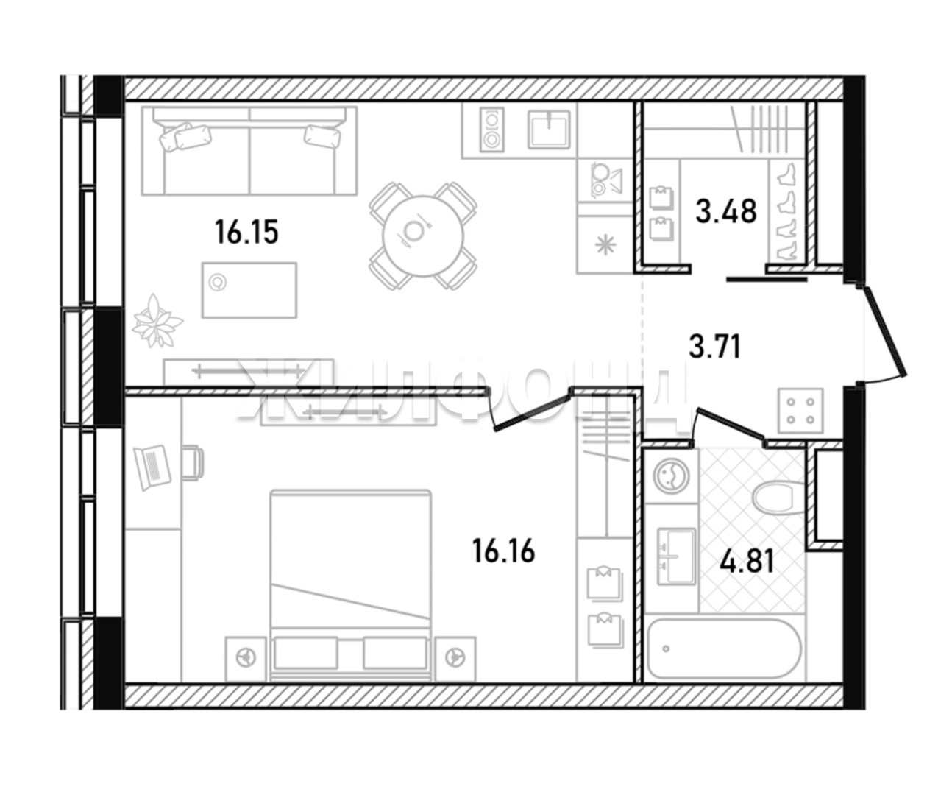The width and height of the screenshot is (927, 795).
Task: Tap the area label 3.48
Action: tap(726, 211)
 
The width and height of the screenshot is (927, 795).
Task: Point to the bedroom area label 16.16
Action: tap(503, 551)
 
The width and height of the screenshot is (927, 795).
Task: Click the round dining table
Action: tap(423, 236)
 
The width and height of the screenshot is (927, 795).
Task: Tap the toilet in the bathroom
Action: tap(778, 498)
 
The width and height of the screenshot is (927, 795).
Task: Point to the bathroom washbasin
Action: tap(676, 556)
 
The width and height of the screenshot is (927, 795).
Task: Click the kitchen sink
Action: tap(549, 130)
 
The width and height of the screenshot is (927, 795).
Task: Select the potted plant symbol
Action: tap(157, 320)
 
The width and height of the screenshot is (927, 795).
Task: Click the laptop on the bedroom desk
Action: tap(152, 467)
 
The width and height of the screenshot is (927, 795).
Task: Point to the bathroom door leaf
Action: tap(729, 423)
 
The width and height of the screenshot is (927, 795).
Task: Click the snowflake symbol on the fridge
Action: tap(605, 245)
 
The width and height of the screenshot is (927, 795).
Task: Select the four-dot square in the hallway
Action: tap(801, 411)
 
